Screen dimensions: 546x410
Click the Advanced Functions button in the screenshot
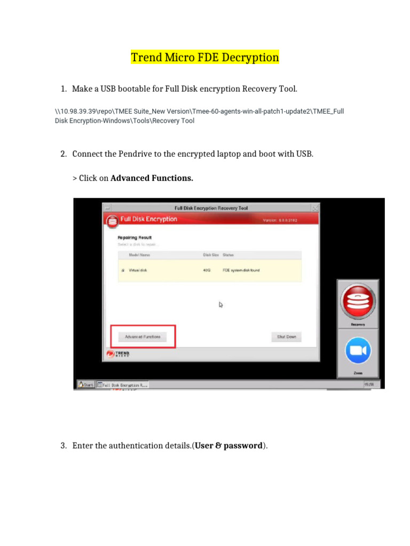pos(143,337)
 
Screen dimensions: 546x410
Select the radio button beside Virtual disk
pos(122,270)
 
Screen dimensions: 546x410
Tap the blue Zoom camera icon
pos(358,350)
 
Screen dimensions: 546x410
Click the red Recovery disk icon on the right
pos(358,302)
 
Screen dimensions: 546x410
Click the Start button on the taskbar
pos(86,384)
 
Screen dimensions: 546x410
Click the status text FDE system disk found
pos(241,270)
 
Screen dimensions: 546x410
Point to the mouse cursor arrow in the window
pos(220,304)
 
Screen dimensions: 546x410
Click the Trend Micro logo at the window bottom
pos(119,354)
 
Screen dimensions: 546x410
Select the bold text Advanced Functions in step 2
pos(152,178)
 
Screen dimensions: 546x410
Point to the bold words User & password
pos(228,445)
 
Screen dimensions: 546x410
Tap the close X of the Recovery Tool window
pos(316,208)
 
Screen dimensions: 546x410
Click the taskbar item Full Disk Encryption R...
pos(123,384)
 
